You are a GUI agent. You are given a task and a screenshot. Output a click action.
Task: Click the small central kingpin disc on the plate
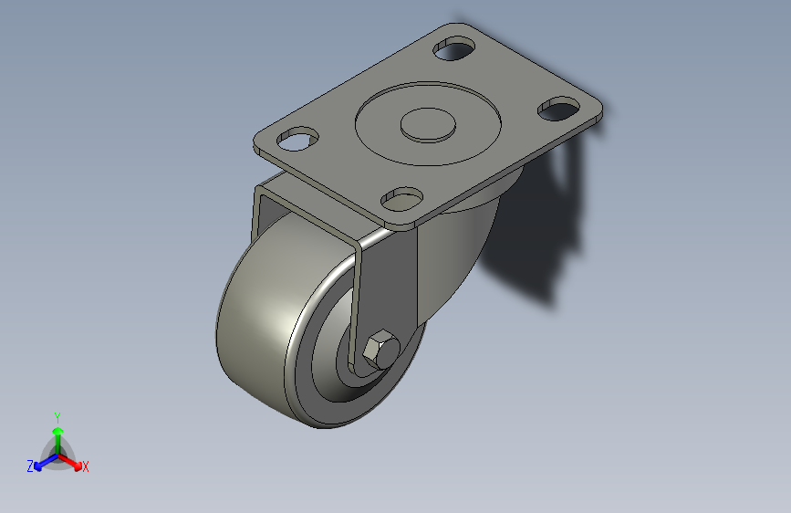tap(429, 125)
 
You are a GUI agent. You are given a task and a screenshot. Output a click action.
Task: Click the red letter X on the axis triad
tap(85, 467)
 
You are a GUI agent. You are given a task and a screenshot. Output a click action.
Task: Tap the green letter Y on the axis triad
tap(57, 415)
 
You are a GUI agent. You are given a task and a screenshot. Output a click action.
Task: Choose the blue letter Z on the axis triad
tap(30, 466)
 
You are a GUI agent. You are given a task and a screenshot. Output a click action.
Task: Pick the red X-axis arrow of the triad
tap(72, 460)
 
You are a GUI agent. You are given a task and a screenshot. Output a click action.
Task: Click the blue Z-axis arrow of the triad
tap(43, 460)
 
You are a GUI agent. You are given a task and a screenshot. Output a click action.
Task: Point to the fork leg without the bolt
tap(261, 219)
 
